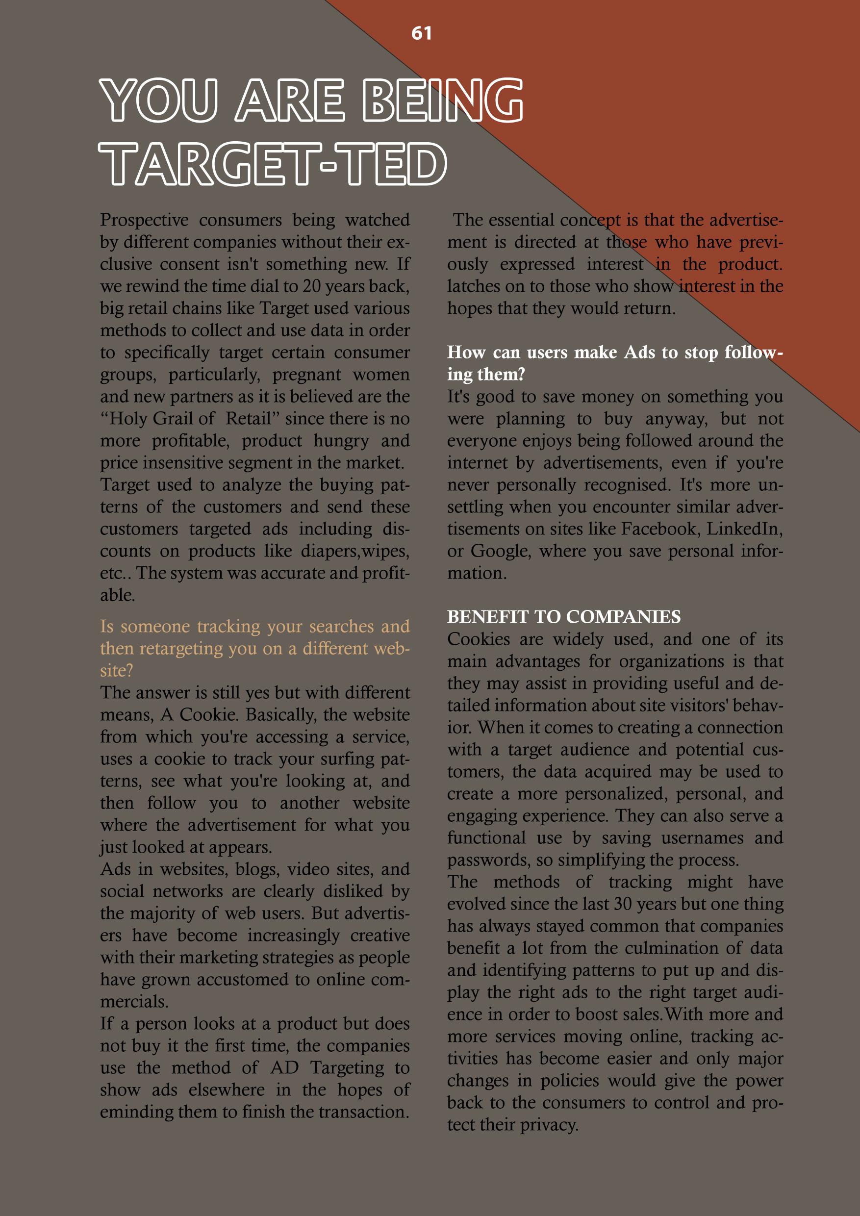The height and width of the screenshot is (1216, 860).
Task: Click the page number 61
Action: click(x=422, y=33)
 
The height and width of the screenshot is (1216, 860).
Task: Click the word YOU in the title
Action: click(x=158, y=100)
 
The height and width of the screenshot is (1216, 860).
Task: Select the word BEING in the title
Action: click(x=443, y=100)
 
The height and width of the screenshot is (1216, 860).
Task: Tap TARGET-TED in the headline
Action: click(x=273, y=164)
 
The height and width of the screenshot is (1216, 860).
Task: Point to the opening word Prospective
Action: click(x=144, y=220)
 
